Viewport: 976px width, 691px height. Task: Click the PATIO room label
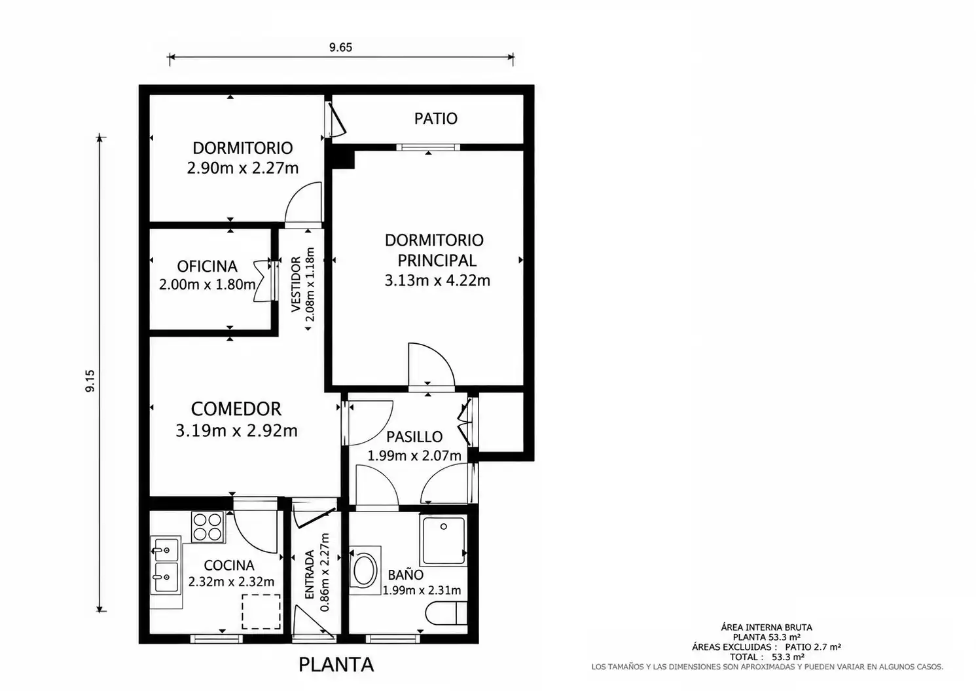pyautogui.click(x=436, y=118)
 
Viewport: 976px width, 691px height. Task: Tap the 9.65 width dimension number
pyautogui.click(x=340, y=47)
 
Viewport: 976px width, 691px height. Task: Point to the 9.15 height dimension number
pyautogui.click(x=90, y=381)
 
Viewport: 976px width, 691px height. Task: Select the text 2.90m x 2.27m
pyautogui.click(x=243, y=168)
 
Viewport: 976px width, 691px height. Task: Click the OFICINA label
pyautogui.click(x=208, y=266)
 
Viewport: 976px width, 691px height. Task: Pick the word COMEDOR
pyautogui.click(x=236, y=409)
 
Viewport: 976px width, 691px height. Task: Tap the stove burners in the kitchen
pyautogui.click(x=208, y=527)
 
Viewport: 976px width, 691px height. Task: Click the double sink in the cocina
pyautogui.click(x=166, y=565)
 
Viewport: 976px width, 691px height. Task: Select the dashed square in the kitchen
pyautogui.click(x=261, y=612)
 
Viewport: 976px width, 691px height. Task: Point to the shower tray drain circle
pyautogui.click(x=444, y=526)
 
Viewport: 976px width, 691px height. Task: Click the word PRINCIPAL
pyautogui.click(x=437, y=260)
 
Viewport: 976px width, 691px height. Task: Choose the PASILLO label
pyautogui.click(x=414, y=436)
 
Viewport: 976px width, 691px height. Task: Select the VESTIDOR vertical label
pyautogui.click(x=296, y=284)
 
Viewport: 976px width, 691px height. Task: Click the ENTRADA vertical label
pyautogui.click(x=310, y=574)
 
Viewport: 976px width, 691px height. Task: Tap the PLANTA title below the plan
pyautogui.click(x=336, y=665)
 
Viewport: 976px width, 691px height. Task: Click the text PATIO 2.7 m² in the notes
pyautogui.click(x=813, y=647)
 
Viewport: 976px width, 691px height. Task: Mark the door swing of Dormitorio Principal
pyautogui.click(x=431, y=364)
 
